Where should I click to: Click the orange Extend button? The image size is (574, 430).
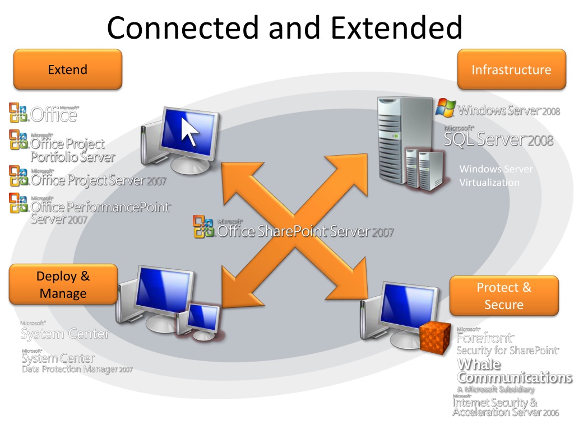click(x=67, y=69)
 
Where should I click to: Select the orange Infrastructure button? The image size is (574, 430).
click(x=511, y=69)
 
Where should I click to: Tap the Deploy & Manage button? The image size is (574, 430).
click(x=63, y=284)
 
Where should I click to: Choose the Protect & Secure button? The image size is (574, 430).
click(x=504, y=296)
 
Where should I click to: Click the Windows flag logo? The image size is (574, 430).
click(x=445, y=107)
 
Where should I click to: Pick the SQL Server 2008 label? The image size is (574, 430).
click(x=498, y=139)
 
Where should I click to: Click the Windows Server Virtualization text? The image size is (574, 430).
click(x=496, y=176)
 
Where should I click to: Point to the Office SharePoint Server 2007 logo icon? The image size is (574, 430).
click(x=203, y=227)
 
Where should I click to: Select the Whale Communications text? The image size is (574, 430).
click(x=514, y=371)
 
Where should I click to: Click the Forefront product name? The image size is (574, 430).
click(x=485, y=338)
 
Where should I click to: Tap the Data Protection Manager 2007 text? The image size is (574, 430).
click(x=77, y=370)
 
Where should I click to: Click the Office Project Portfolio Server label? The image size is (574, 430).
click(x=72, y=150)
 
